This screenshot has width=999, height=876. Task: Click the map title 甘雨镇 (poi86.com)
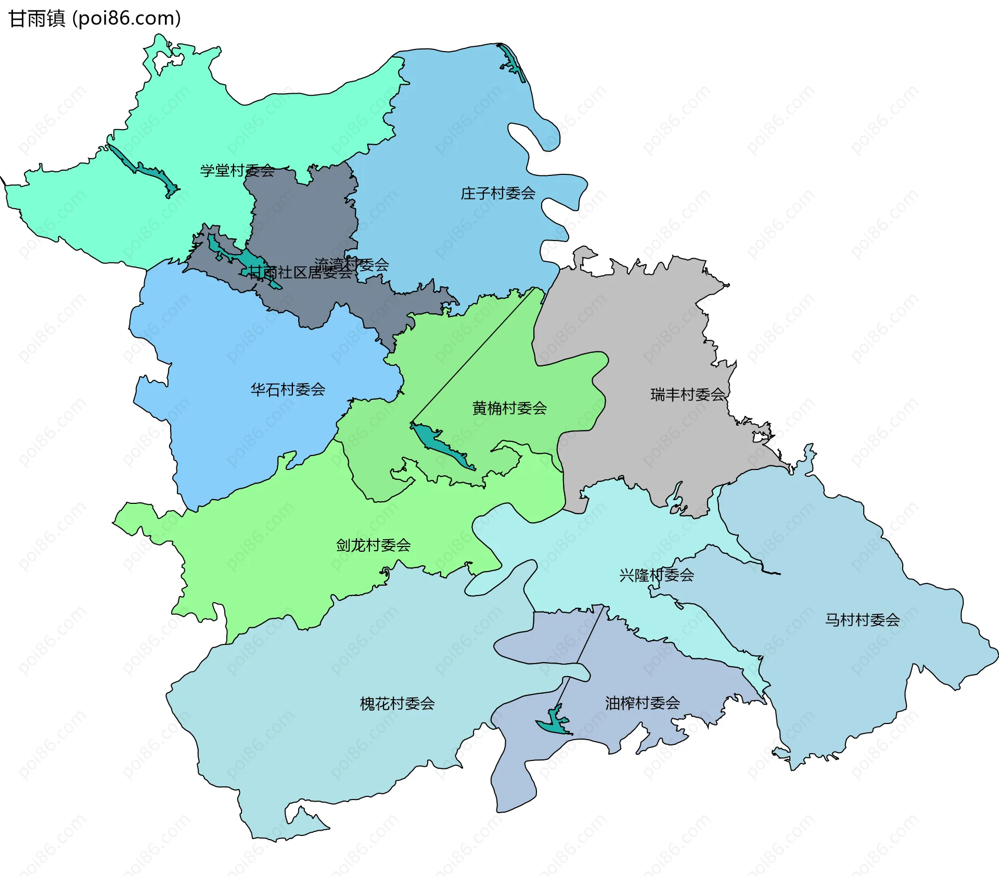95,19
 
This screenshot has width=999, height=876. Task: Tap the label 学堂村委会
237,170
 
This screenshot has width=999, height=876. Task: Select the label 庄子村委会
498,194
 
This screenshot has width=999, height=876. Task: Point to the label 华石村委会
288,389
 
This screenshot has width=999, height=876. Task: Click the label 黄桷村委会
509,408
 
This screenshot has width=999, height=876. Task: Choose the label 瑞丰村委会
688,395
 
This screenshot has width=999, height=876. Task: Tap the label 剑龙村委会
373,545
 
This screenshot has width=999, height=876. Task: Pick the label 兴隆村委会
657,575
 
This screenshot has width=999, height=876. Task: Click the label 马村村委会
862,620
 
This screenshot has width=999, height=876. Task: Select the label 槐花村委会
397,704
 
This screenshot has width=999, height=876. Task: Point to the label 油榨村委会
642,703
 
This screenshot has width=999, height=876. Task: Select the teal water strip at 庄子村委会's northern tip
512,62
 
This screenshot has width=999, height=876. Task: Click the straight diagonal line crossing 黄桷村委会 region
473,354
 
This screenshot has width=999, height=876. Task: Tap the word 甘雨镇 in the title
36,19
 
